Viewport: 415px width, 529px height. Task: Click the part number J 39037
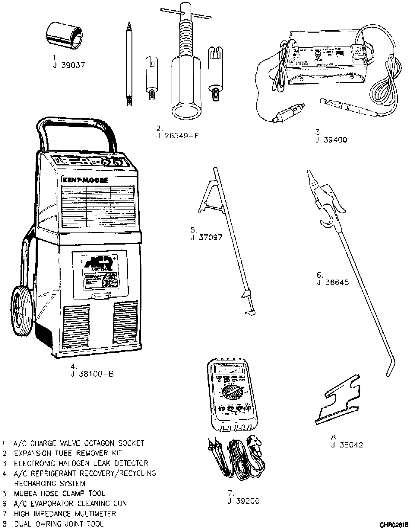pos(69,65)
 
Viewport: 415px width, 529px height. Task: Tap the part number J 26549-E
pos(178,136)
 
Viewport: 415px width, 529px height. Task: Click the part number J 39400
pos(331,140)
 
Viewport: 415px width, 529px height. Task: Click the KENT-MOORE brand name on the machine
pos(85,180)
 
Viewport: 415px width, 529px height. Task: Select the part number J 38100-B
pos(92,374)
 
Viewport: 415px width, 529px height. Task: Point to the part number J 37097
pos(206,237)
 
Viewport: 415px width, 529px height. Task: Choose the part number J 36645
pos(333,282)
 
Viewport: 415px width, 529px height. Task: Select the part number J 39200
pos(243,501)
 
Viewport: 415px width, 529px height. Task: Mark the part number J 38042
pos(347,445)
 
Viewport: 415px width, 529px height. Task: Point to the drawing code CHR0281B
pos(394,524)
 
